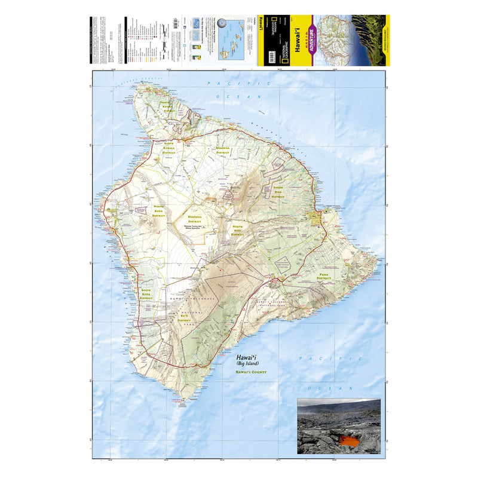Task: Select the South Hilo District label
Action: pos(279,191)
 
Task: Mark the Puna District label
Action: pos(324,276)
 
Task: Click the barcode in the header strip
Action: pos(175,23)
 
